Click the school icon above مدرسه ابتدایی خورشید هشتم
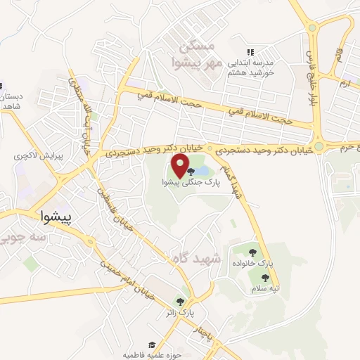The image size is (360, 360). coord(249,52)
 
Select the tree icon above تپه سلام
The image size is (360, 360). coord(265,278)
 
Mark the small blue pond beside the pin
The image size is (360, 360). coord(200,171)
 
